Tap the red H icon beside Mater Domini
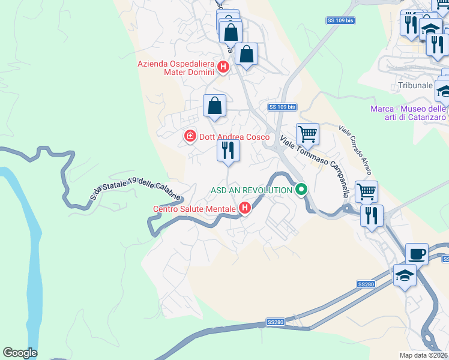tap(223, 67)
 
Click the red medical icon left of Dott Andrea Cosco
tap(190, 137)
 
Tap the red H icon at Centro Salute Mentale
tap(245, 209)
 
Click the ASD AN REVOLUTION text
tap(251, 190)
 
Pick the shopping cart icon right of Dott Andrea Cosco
tap(307, 134)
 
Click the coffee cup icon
tap(417, 253)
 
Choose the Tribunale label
tap(415, 86)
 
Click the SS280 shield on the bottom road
tap(276, 322)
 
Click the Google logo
tap(20, 353)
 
